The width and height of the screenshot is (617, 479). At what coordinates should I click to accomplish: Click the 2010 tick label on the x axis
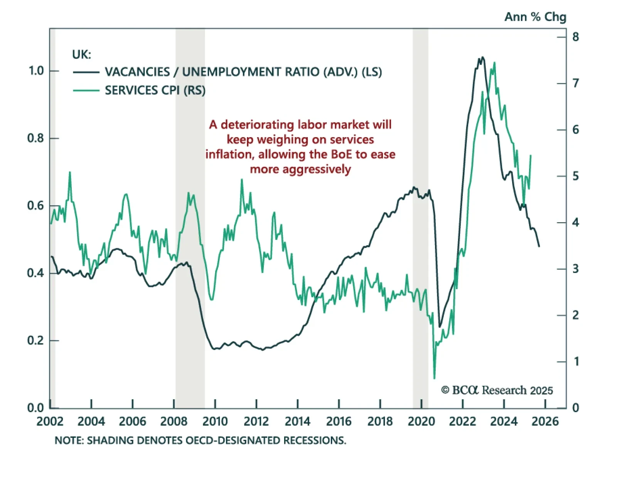(215, 421)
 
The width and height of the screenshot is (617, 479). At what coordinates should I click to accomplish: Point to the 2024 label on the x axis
(504, 421)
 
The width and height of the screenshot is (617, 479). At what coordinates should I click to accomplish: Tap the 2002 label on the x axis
(50, 421)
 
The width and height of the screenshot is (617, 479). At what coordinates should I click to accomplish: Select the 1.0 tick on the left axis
(36, 71)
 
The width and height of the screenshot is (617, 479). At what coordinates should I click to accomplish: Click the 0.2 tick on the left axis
(36, 340)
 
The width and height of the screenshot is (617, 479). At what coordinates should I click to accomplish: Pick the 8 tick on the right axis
(576, 37)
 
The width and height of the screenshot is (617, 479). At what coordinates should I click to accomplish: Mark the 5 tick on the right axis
(576, 176)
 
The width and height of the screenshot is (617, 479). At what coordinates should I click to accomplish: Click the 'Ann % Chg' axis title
(535, 17)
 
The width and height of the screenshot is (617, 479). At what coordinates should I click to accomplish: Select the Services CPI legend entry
(155, 90)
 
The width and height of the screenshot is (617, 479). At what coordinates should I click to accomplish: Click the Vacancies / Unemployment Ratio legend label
(243, 72)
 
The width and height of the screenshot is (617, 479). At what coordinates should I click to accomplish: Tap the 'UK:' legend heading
(81, 55)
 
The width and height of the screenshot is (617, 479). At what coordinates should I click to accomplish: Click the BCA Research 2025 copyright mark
(497, 390)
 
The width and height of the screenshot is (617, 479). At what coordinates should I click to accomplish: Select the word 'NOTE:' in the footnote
(69, 440)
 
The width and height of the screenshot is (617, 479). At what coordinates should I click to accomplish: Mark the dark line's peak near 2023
(482, 58)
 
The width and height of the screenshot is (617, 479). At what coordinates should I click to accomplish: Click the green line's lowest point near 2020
(434, 378)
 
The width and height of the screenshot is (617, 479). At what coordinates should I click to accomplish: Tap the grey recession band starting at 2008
(190, 216)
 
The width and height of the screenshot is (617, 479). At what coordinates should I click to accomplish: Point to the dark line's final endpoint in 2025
(539, 246)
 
